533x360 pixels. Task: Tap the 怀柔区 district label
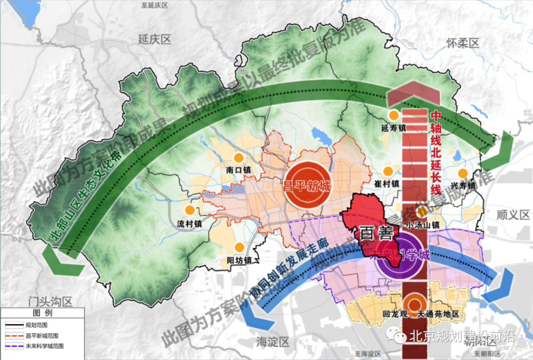tap(463, 43)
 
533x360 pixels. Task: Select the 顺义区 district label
tap(513, 215)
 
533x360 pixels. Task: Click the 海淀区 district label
tap(272, 341)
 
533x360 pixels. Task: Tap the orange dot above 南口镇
tap(239, 158)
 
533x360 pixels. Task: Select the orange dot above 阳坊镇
tap(240, 248)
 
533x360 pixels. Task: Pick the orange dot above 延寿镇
tap(394, 115)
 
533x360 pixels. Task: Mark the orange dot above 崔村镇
tap(391, 171)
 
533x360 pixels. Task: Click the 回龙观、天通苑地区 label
tap(421, 314)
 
